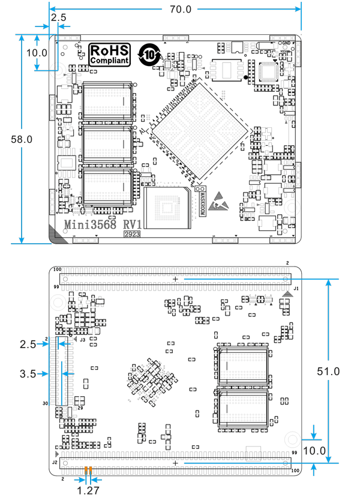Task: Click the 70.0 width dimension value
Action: [181, 10]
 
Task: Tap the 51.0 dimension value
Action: [329, 372]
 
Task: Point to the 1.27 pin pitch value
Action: [88, 489]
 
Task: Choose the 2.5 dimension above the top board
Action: [58, 18]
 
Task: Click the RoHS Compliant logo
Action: [109, 55]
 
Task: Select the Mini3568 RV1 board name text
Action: [101, 224]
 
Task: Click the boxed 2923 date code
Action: [133, 235]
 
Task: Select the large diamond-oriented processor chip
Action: [199, 130]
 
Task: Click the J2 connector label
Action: [54, 463]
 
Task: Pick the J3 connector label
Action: [82, 340]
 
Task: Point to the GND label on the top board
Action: [286, 43]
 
